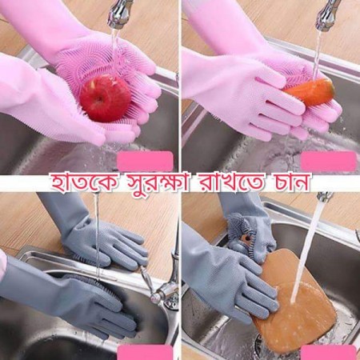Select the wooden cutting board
[x=298, y=300]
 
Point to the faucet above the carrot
[x=326, y=14]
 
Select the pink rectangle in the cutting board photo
[x=328, y=353]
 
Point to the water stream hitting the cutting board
[x=308, y=248]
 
